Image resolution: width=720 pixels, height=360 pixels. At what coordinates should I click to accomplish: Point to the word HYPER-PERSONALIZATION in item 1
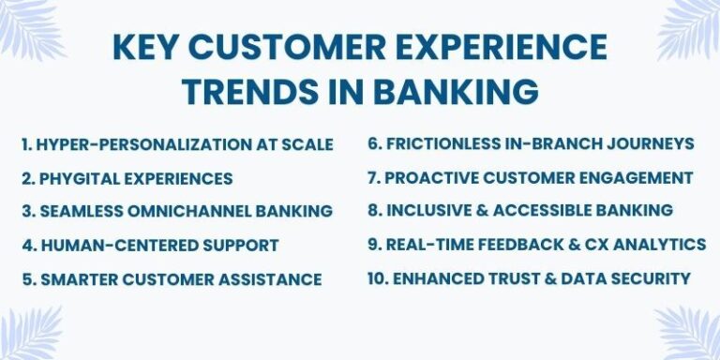[x=141, y=144]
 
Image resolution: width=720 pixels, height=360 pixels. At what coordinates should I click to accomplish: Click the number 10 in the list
[x=376, y=278]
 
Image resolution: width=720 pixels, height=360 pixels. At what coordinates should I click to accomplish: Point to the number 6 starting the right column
[x=372, y=143]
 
